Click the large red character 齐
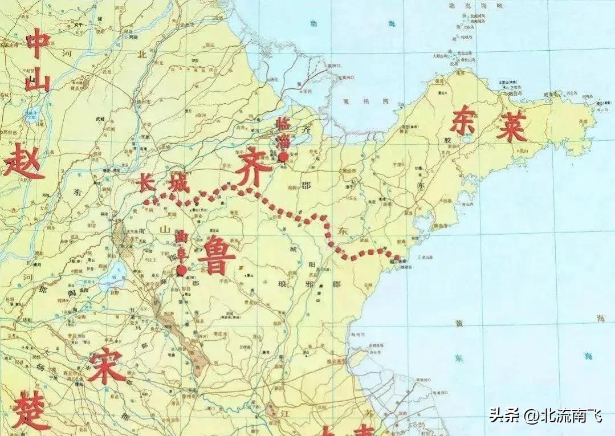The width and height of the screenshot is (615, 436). coord(255,166)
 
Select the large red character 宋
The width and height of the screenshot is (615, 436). coord(106,364)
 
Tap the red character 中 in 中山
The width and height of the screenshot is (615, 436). coord(38,44)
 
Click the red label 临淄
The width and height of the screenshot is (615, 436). coord(282,131)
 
